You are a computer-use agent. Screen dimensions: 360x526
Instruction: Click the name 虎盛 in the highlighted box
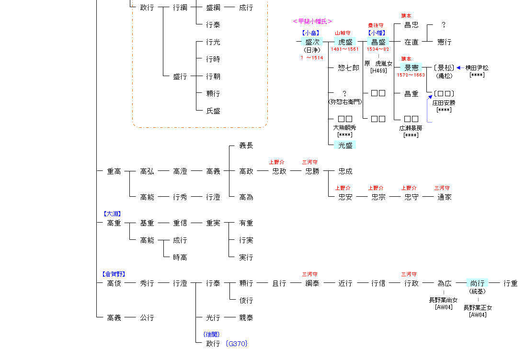[x=345, y=42]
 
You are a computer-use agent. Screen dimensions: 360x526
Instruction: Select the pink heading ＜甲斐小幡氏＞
[x=312, y=21]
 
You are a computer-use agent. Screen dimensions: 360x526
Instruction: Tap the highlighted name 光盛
[x=345, y=145]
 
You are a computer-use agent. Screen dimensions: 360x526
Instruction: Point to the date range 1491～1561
[x=345, y=49]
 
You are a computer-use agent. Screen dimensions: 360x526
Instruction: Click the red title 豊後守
[x=376, y=25]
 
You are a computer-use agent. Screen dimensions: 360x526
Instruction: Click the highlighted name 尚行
[x=477, y=283]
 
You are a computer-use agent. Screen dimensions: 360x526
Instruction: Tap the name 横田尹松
[x=477, y=68]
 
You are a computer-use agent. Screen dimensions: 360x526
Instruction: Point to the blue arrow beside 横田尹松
[x=459, y=68]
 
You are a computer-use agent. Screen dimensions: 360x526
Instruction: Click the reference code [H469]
[x=378, y=70]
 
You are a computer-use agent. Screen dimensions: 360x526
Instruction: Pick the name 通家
[x=444, y=197]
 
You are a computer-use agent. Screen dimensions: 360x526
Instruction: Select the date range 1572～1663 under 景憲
[x=411, y=75]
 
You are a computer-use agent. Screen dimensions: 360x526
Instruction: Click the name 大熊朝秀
[x=345, y=128]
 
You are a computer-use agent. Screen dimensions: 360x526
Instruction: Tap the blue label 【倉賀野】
[x=114, y=274]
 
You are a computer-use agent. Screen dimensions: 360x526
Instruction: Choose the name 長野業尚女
[x=443, y=301]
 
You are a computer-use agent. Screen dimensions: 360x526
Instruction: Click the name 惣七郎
[x=348, y=68]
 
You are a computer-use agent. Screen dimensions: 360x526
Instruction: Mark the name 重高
[x=114, y=171]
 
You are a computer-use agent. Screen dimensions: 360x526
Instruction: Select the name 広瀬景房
[x=411, y=128]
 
